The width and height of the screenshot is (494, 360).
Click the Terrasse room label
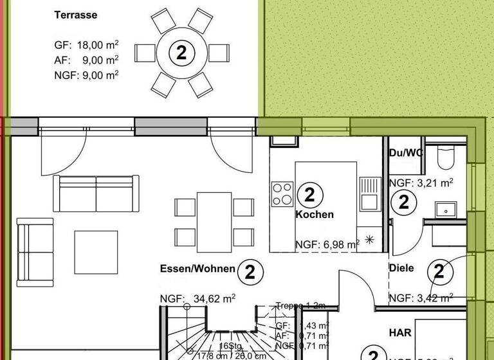tap(76, 15)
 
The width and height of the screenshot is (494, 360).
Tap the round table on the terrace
tap(181, 53)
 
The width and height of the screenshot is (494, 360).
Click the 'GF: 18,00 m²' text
tap(86, 46)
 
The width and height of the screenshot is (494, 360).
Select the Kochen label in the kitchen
tap(315, 215)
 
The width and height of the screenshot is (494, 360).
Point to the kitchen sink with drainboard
tap(370, 194)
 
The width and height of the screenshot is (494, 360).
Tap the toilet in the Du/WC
tap(444, 157)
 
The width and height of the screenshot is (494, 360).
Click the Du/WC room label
tap(406, 152)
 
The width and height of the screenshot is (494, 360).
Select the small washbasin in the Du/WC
tap(444, 210)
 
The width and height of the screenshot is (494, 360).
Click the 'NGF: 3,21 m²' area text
tap(421, 183)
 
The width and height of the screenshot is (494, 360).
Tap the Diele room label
tap(401, 268)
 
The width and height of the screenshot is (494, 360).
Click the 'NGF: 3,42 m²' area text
tap(421, 298)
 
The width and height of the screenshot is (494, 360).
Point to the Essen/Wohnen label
tap(197, 269)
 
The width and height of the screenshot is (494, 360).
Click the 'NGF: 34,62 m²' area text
tap(197, 298)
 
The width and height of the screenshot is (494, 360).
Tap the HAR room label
tap(399, 333)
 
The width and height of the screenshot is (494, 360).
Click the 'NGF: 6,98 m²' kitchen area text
tap(327, 244)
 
